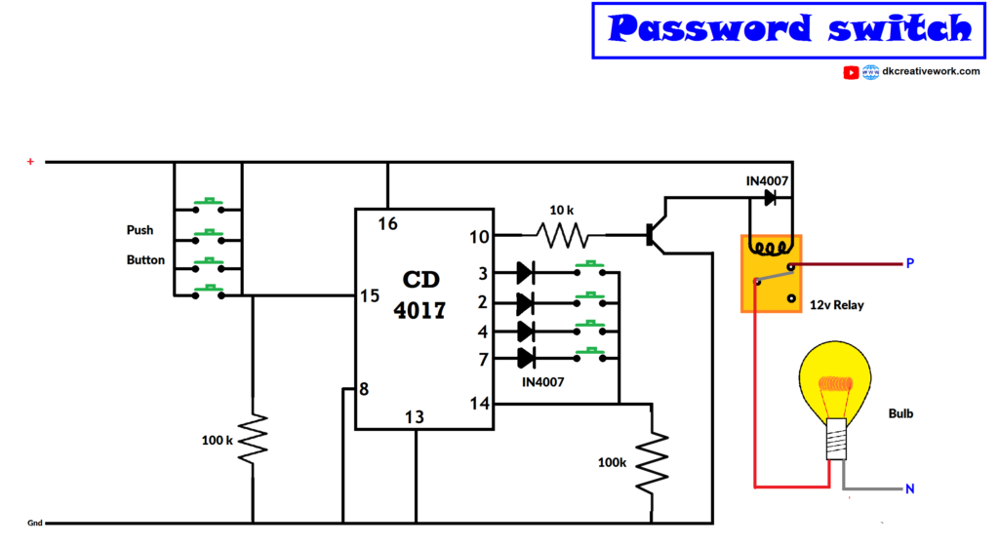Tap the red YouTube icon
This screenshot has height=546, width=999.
(851, 72)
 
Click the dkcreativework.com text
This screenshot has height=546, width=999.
(931, 71)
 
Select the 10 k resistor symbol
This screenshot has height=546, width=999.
(562, 235)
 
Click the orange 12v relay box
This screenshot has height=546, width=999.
(771, 272)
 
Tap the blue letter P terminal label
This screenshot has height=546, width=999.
(909, 263)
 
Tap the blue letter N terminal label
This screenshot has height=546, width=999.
(909, 488)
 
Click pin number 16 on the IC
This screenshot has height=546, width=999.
(387, 224)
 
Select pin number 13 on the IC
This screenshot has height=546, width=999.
(415, 417)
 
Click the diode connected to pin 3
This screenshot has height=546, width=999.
(526, 273)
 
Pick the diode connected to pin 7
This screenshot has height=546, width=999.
(526, 358)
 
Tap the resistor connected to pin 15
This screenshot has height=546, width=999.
(253, 440)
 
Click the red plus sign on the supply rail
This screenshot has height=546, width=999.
(30, 161)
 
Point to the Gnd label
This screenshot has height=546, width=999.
(34, 524)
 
